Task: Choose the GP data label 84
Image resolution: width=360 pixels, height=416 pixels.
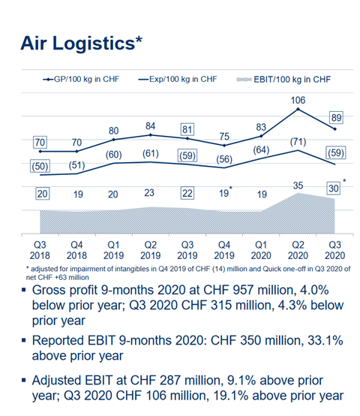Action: tap(151, 125)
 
